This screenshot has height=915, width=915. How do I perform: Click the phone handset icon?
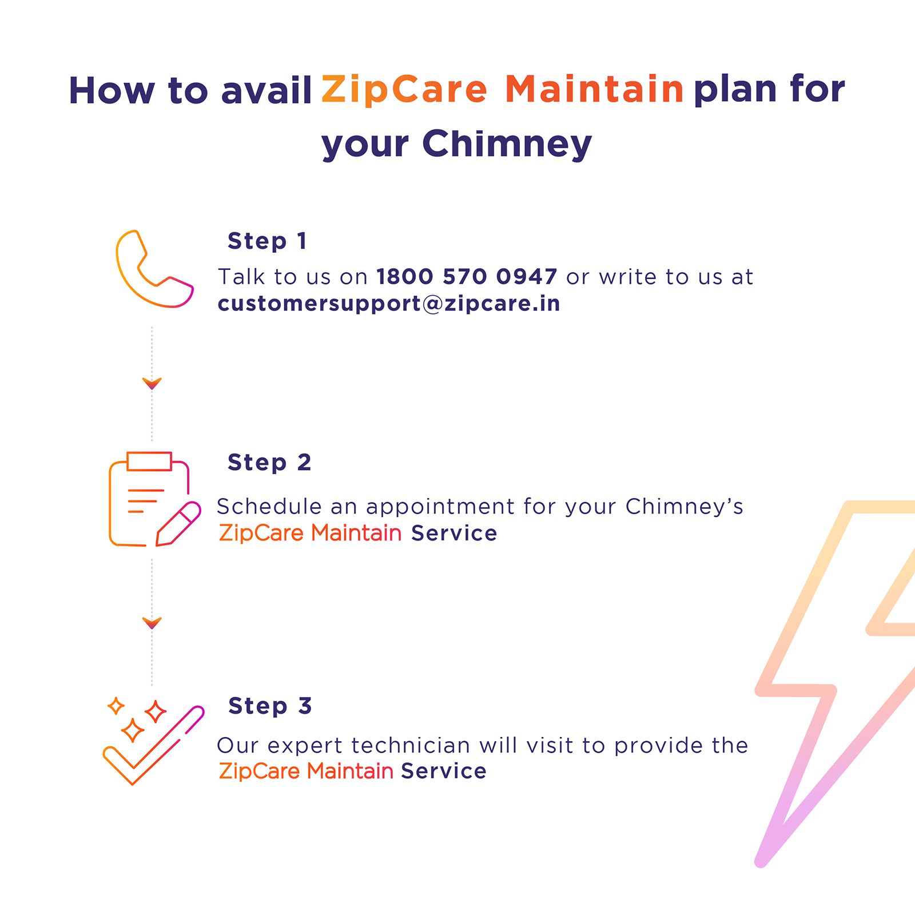(154, 269)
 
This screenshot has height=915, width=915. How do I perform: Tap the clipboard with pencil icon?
(153, 499)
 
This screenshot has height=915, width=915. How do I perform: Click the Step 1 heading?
(267, 241)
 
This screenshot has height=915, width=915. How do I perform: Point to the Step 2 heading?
(269, 462)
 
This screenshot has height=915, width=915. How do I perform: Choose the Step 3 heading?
(269, 706)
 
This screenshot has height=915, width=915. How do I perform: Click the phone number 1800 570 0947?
(466, 277)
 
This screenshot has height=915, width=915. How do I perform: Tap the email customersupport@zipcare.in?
(388, 303)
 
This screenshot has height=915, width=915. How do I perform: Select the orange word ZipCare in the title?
(404, 90)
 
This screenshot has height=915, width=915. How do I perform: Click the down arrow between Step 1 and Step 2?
(152, 383)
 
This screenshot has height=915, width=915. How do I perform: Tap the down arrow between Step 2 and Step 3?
(152, 623)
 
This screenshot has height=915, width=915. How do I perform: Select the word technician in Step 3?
(411, 746)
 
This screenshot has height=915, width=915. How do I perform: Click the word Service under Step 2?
(453, 533)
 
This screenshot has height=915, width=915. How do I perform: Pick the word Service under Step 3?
(443, 771)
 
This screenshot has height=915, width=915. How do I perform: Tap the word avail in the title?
(266, 91)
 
